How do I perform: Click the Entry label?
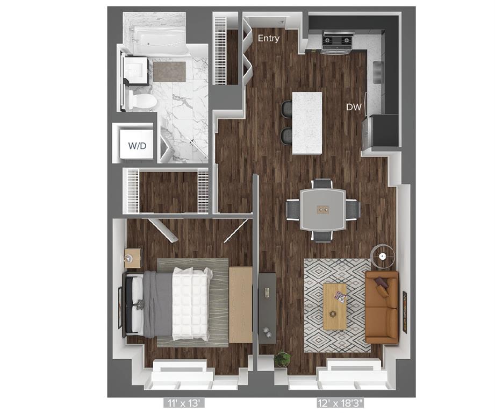pyautogui.click(x=269, y=38)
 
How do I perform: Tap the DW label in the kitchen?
pyautogui.click(x=354, y=107)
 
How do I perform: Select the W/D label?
pyautogui.click(x=137, y=146)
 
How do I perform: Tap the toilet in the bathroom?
pyautogui.click(x=142, y=101)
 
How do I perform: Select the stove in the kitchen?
pyautogui.click(x=338, y=41)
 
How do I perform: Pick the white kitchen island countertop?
pyautogui.click(x=307, y=123)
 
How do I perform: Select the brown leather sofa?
pyautogui.click(x=382, y=308)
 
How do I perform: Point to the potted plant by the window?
pyautogui.click(x=282, y=359)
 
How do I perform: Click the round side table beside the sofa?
pyautogui.click(x=383, y=255)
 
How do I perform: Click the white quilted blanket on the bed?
pyautogui.click(x=190, y=304)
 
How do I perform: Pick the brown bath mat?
pyautogui.click(x=169, y=72)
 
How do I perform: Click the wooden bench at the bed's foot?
pyautogui.click(x=240, y=304)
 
